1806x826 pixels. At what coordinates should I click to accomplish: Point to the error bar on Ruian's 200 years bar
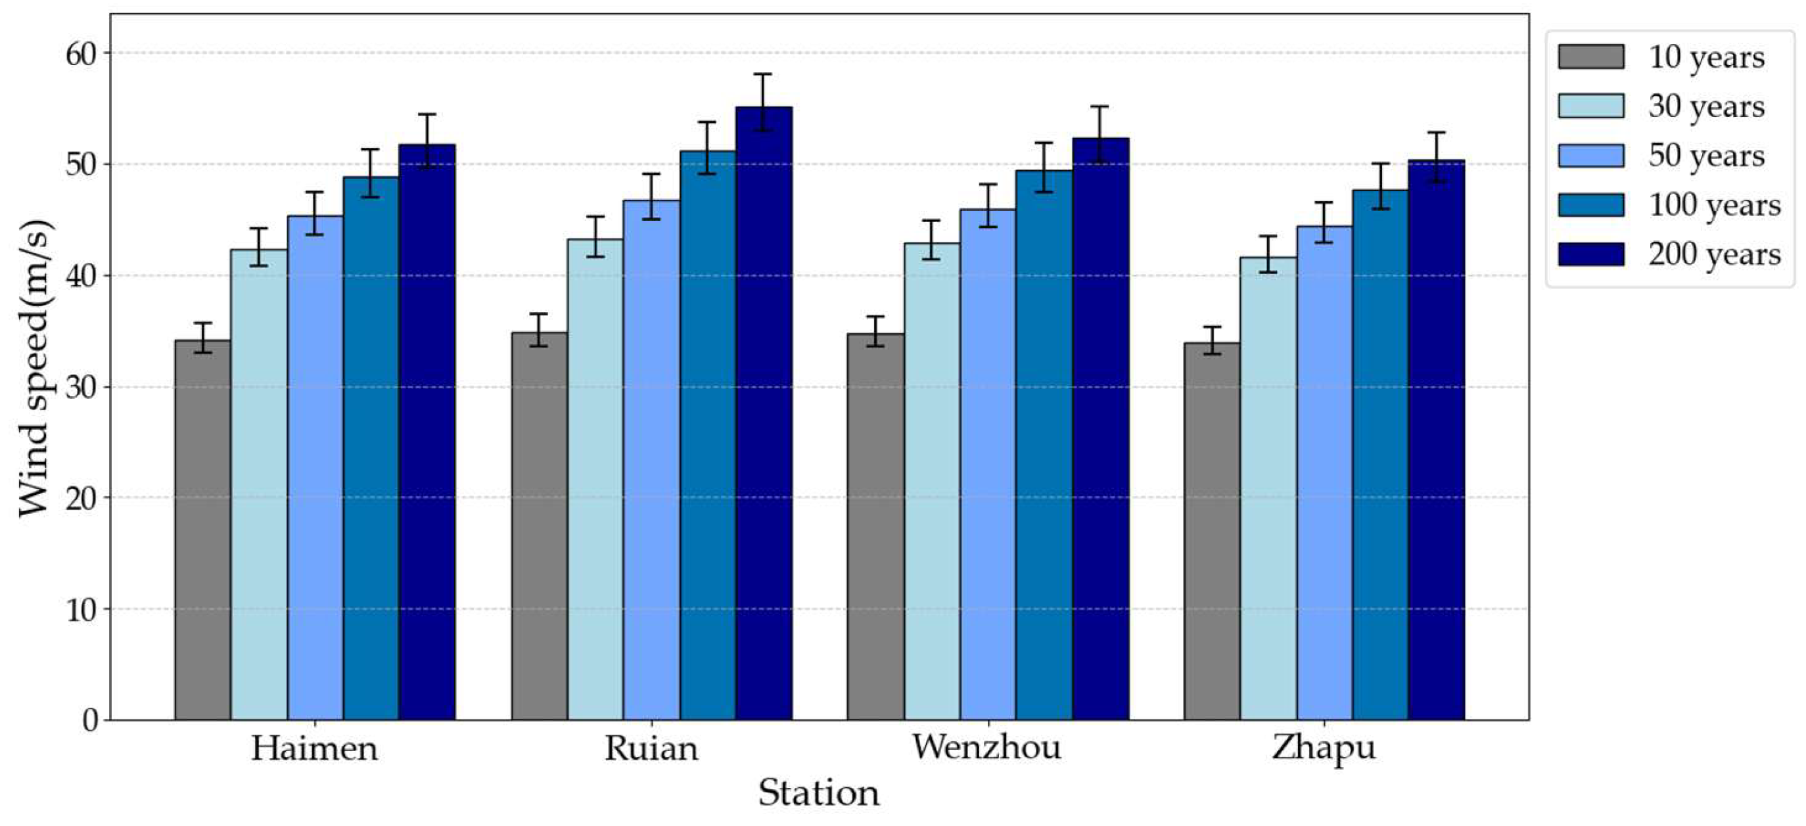[x=764, y=103]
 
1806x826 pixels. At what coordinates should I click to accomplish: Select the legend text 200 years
[x=1714, y=254]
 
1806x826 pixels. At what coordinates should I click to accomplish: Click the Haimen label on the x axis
[x=315, y=748]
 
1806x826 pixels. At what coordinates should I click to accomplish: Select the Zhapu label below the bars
[x=1324, y=748]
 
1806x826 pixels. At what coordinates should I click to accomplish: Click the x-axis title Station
[x=819, y=793]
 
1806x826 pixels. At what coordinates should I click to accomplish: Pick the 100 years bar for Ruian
[x=707, y=435]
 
